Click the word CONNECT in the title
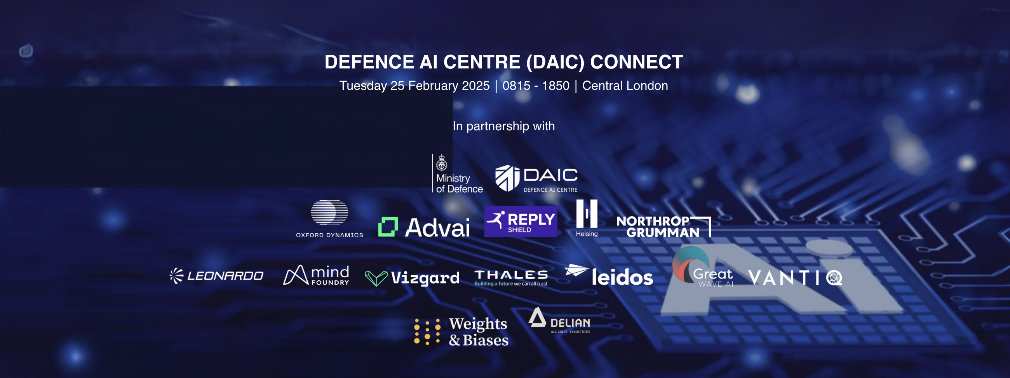(x=636, y=62)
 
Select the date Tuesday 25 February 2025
(x=414, y=86)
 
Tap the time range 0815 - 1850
(x=536, y=86)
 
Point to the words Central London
(x=625, y=86)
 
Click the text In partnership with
(x=503, y=126)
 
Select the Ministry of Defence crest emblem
(x=442, y=163)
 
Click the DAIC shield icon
(x=507, y=178)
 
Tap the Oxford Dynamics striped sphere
(x=329, y=212)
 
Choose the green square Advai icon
(x=388, y=227)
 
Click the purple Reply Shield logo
(x=521, y=221)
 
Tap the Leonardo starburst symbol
(x=176, y=276)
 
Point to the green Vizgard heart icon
(x=376, y=278)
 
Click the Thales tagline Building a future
(x=494, y=284)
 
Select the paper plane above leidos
(x=576, y=270)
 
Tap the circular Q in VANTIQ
(x=834, y=278)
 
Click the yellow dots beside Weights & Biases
(x=427, y=332)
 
